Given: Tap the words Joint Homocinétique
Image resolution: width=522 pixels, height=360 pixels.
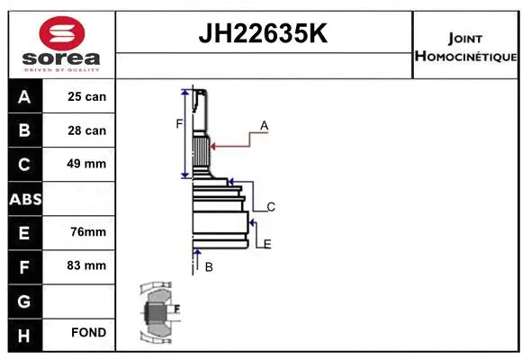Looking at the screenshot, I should pos(465,48).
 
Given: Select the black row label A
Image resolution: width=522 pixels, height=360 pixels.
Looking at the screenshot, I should pos(24,97).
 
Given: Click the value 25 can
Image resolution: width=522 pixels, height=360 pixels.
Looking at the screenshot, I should pos(86,97).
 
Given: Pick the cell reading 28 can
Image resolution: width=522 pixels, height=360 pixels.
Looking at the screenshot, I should pos(86,130).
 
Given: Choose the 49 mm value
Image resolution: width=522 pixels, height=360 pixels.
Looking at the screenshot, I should pos(86,164).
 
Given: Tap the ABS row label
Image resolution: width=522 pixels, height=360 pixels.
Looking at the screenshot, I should pos(24,198).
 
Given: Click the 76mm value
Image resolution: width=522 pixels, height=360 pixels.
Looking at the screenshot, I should pos(88,231).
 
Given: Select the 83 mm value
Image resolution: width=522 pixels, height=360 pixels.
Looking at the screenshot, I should pos(86,265).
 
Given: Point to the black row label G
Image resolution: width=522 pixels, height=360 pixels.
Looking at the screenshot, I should pos(24,299).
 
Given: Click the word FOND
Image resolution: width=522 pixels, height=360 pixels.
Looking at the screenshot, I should pos(88,333).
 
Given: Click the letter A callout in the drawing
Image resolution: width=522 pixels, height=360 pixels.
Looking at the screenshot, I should pos(265,126).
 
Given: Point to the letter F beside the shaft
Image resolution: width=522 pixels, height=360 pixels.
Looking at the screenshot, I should pos(179,123).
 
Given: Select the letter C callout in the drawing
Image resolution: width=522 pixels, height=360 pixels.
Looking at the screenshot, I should pos(270,207).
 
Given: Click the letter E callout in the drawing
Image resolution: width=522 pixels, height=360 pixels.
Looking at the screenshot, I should pos(267,244).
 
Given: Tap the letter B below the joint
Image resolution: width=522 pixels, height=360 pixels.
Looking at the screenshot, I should pos(208,267).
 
